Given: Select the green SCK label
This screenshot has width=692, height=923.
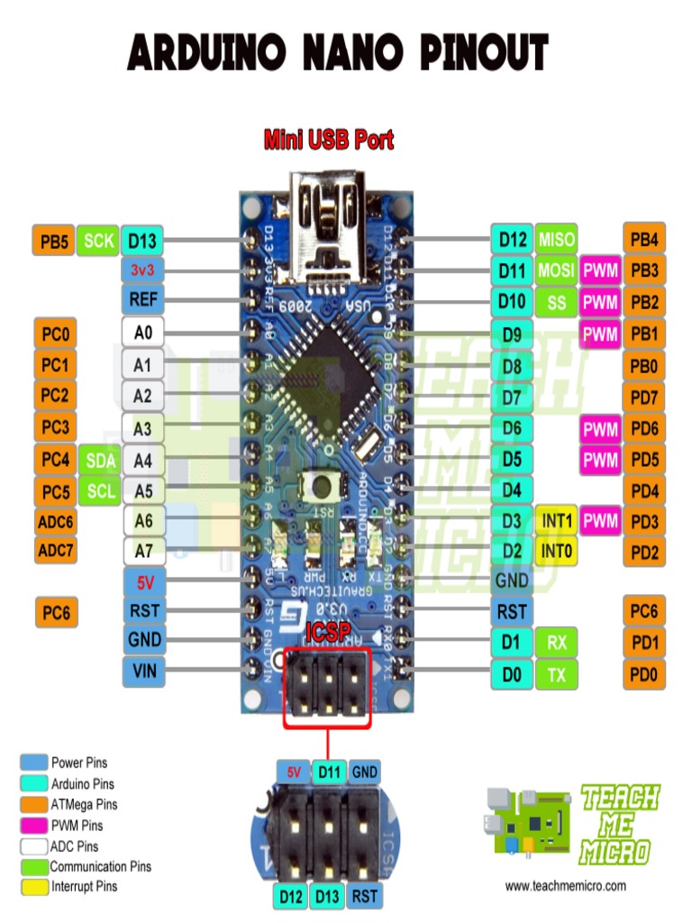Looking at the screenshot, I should click(98, 241).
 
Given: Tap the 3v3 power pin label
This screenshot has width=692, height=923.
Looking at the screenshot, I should click(142, 270).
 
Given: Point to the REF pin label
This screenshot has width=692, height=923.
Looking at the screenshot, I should click(142, 299).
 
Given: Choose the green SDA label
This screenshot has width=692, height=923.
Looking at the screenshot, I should click(99, 461).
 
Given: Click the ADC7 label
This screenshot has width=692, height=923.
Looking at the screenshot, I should click(55, 548).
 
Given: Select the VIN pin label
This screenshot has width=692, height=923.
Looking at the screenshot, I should click(142, 671).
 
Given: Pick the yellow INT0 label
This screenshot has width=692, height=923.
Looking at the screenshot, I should click(557, 550).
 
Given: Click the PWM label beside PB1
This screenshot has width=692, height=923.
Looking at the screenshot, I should click(600, 334).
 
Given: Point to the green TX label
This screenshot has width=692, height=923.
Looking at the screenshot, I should click(557, 673).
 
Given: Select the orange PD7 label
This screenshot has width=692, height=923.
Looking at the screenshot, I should click(644, 397).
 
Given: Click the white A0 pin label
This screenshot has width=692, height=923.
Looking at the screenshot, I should click(142, 333).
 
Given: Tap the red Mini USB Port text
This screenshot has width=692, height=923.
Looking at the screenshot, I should click(328, 140).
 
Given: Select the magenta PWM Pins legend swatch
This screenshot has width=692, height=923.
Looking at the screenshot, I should click(34, 825).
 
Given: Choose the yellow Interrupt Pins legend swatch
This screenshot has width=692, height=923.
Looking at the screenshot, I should click(34, 887).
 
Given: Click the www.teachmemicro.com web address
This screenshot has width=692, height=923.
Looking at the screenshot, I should click(565, 886).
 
